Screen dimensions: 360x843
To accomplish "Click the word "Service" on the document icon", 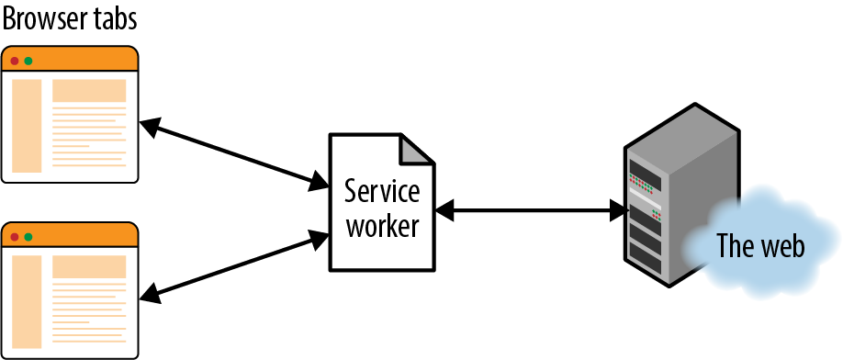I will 382,193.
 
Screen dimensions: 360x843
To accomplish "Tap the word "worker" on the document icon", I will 382,225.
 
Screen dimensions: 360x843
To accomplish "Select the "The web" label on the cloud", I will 759,246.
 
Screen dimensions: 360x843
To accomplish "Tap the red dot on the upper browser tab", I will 15,61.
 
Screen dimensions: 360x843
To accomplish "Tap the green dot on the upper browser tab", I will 28,61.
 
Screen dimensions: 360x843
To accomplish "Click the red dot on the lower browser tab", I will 15,237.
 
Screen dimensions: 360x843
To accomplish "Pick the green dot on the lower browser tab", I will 28,237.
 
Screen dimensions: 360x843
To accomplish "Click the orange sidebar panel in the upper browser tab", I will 28,126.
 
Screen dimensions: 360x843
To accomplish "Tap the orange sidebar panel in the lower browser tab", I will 28,302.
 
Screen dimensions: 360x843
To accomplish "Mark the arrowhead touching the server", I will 618,211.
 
